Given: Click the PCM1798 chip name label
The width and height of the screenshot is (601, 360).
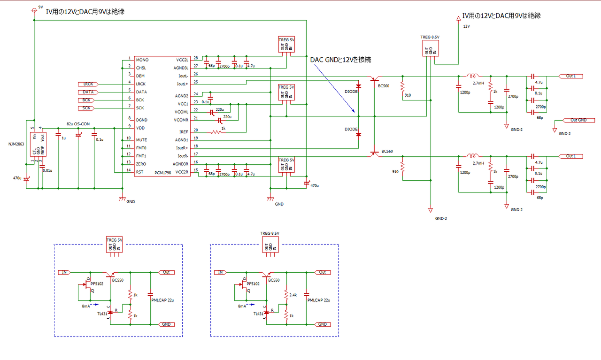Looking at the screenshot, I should (x=163, y=173).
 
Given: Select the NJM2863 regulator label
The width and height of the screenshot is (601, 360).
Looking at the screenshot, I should (x=16, y=144).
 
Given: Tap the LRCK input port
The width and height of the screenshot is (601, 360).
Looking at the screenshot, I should (x=87, y=84).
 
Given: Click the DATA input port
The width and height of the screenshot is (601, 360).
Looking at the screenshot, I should (x=87, y=92).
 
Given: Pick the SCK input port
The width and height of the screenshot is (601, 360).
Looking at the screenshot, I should (x=87, y=108).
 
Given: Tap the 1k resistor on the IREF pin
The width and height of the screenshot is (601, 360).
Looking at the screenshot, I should (x=216, y=132).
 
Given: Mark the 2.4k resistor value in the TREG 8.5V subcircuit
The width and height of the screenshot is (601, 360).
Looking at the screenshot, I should (x=293, y=295).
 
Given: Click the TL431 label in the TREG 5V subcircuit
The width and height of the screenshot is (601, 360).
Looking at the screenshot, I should (x=102, y=314).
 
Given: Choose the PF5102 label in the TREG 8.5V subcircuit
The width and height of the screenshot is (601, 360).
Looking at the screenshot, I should (x=254, y=283).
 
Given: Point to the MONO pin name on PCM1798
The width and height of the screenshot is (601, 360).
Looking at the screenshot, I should (x=142, y=60).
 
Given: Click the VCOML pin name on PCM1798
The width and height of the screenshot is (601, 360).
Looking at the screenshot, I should (x=181, y=112).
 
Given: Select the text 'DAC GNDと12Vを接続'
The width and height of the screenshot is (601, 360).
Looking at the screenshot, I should (x=340, y=60).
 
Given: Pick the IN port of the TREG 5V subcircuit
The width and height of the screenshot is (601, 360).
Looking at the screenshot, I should (x=64, y=272).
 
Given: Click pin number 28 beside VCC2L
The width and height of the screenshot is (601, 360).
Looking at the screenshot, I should (x=195, y=57).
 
